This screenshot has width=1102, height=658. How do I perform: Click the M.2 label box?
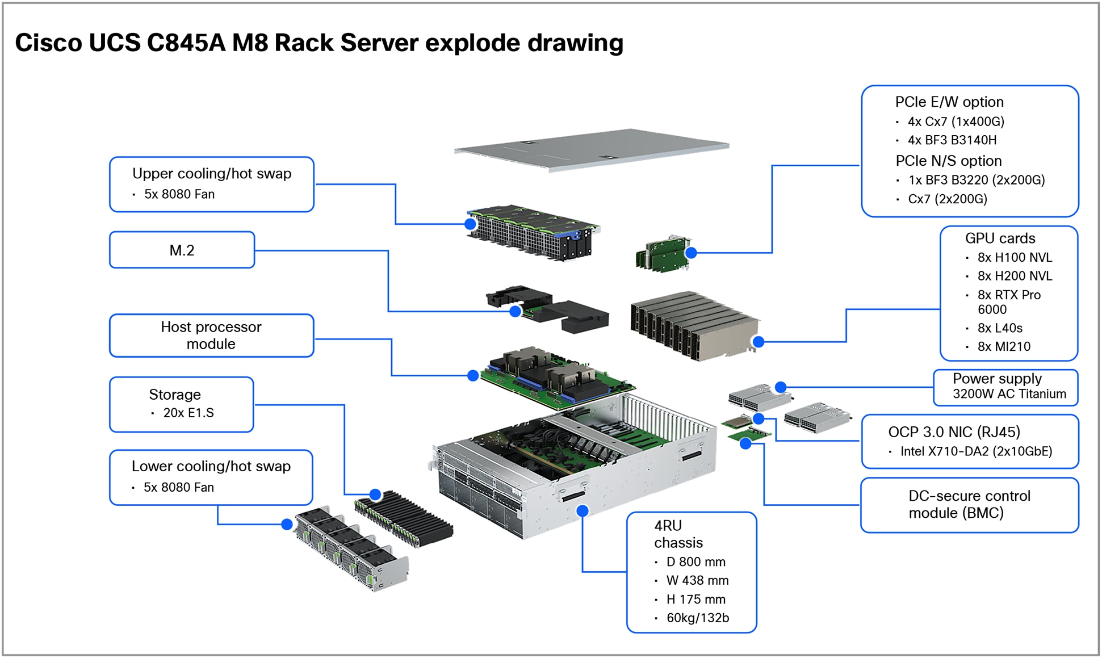[x=182, y=250]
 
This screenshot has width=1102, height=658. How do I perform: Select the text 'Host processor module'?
[x=211, y=335]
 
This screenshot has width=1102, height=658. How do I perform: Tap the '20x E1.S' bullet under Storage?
[x=188, y=413]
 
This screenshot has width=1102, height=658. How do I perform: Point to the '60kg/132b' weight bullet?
[x=697, y=618]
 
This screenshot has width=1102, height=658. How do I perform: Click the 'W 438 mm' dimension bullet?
[x=697, y=580]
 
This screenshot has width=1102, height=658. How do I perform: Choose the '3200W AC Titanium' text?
[x=1009, y=394]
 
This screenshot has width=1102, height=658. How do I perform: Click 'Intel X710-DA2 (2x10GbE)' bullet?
[x=975, y=451]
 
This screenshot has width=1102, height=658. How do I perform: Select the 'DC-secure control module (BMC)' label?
[x=969, y=504]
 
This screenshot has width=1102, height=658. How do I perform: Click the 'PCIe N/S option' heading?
[x=948, y=161]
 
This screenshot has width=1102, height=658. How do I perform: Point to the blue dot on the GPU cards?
[x=758, y=342]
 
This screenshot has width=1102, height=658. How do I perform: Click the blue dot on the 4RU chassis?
[x=582, y=511]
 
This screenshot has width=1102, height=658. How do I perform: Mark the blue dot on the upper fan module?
[x=470, y=224]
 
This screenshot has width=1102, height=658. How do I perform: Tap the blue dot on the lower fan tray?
[x=287, y=525]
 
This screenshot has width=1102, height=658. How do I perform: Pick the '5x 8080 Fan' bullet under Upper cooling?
[x=179, y=194]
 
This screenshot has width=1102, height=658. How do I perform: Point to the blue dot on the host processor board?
[x=472, y=375]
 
